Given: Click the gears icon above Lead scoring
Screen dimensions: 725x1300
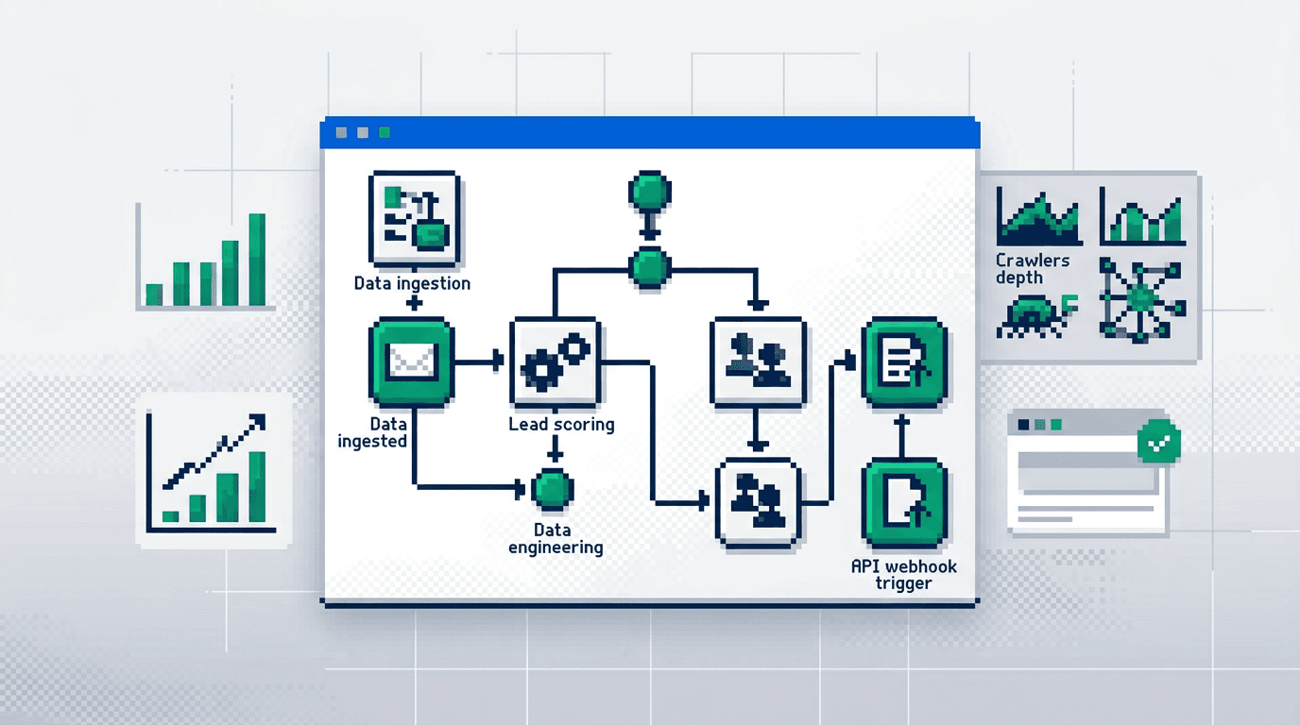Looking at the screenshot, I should pyautogui.click(x=555, y=363).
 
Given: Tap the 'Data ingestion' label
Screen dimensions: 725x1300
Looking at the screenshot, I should pyautogui.click(x=412, y=283).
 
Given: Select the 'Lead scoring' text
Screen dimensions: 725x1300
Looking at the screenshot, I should pyautogui.click(x=561, y=424).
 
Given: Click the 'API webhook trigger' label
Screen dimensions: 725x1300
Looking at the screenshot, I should pyautogui.click(x=904, y=574).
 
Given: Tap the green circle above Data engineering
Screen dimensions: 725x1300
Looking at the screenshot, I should pyautogui.click(x=553, y=488).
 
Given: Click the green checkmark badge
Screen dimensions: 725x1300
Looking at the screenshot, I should pyautogui.click(x=1158, y=442).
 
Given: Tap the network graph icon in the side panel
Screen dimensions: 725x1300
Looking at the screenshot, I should pyautogui.click(x=1142, y=299).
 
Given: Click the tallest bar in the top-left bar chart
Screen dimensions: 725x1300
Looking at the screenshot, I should pyautogui.click(x=256, y=260).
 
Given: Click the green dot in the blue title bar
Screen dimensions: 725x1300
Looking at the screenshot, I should pyautogui.click(x=384, y=133).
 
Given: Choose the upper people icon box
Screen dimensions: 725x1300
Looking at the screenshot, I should pyautogui.click(x=759, y=363).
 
